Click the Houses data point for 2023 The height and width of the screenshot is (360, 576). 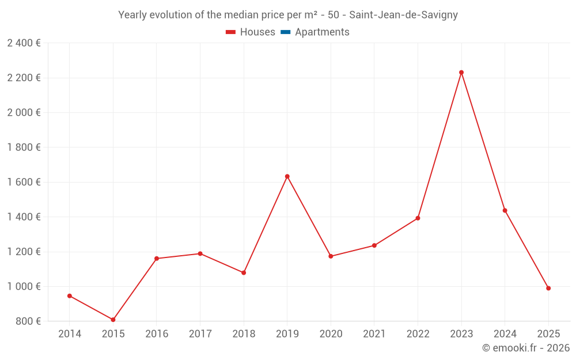[461, 73]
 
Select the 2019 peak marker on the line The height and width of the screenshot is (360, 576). [287, 176]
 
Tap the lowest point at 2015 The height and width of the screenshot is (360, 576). [113, 320]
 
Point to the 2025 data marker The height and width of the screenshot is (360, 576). [548, 288]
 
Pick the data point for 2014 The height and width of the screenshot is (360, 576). [70, 296]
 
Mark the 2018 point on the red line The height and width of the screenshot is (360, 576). [244, 272]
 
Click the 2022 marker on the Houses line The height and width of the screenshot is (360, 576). [418, 218]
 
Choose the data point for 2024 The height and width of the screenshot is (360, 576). [505, 210]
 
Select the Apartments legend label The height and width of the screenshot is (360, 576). [322, 32]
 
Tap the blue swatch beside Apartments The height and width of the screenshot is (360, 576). [286, 32]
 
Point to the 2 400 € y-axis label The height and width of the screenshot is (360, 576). [24, 43]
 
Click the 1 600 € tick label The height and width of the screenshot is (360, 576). [24, 182]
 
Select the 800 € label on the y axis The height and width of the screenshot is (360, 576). [27, 321]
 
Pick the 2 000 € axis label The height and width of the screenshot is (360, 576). [24, 113]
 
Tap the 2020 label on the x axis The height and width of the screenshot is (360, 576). [331, 334]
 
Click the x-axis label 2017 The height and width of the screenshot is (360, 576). [200, 334]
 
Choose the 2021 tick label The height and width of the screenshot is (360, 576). [374, 334]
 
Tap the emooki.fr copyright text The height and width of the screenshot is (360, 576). [526, 348]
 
